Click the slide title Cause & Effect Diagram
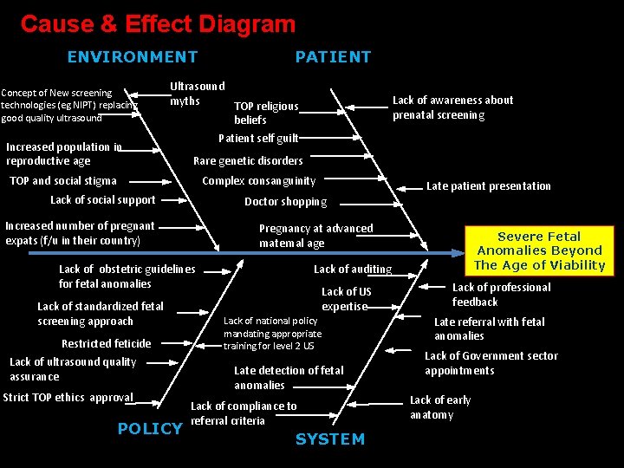(x=158, y=24)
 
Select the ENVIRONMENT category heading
(x=133, y=57)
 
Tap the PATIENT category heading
(x=333, y=57)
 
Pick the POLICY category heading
(x=150, y=429)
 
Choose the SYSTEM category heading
(x=330, y=439)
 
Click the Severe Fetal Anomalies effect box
(x=539, y=251)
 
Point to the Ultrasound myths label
(x=197, y=94)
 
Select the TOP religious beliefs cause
(x=266, y=113)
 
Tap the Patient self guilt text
(x=258, y=138)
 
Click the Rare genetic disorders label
(x=248, y=160)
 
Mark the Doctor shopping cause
(x=285, y=202)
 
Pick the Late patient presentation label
(x=488, y=186)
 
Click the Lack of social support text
(x=102, y=200)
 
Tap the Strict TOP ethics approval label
(x=68, y=398)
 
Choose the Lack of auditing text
(x=353, y=270)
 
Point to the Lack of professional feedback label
(x=501, y=295)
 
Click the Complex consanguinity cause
(x=258, y=181)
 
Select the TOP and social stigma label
(x=62, y=181)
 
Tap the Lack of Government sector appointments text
(x=491, y=363)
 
